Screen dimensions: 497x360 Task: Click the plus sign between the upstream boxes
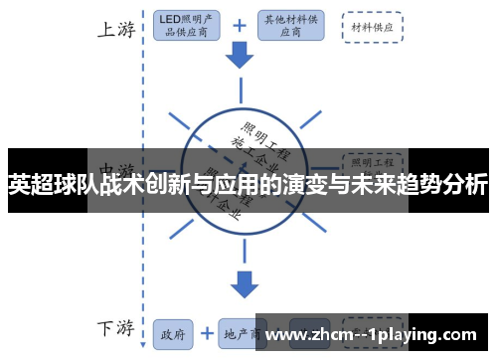point(239,26)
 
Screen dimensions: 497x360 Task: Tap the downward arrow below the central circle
point(242,283)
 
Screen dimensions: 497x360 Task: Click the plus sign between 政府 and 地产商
point(208,334)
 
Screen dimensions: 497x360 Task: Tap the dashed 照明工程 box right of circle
point(373,159)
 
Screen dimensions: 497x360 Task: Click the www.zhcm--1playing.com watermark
point(377,335)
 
